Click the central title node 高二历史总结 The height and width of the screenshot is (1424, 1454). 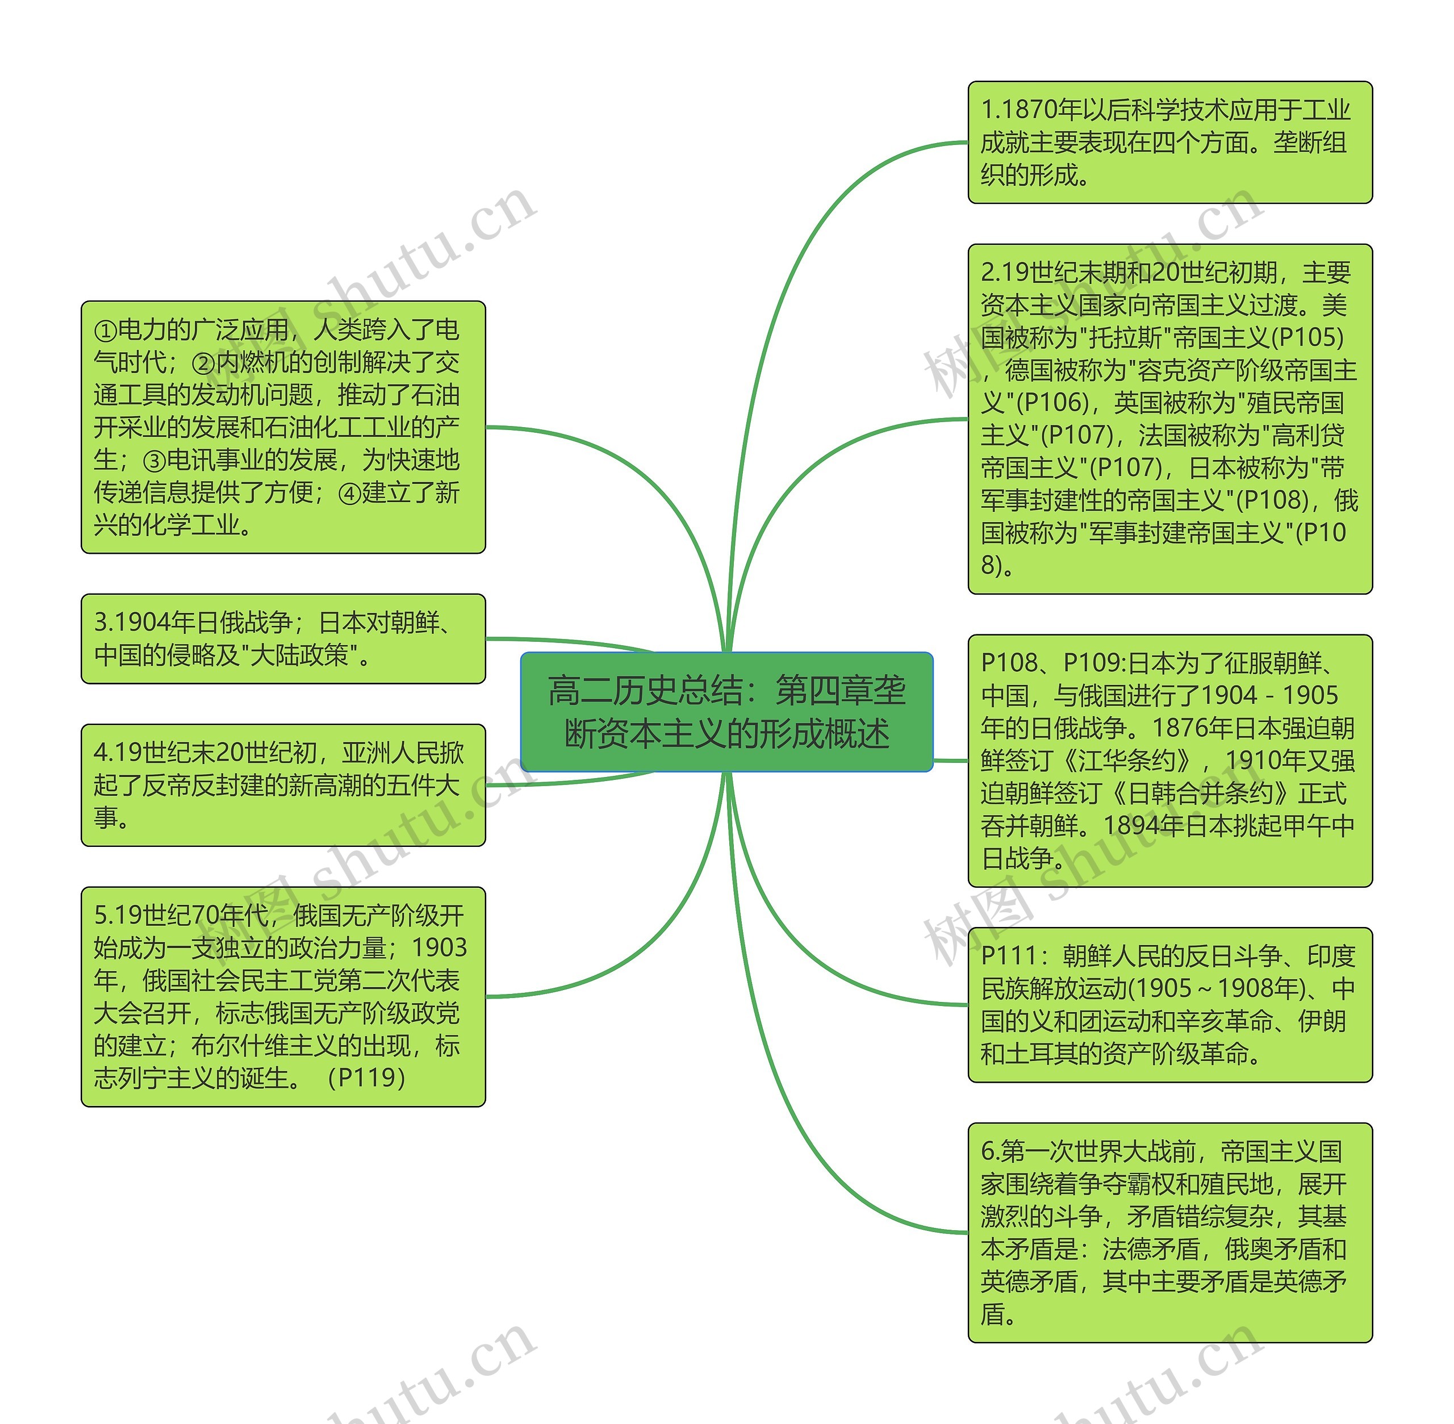[726, 711]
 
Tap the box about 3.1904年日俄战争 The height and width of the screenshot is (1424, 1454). [283, 638]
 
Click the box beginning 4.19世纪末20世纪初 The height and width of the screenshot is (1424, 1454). [283, 784]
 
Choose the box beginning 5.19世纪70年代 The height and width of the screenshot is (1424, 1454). [283, 996]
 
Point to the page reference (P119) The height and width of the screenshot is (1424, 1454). [366, 1078]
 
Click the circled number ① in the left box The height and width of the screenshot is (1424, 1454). [106, 331]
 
